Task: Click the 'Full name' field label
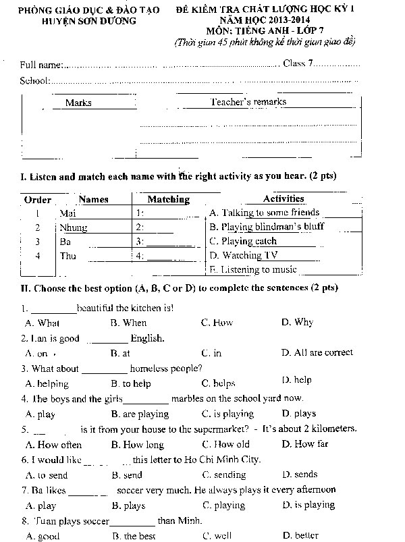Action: click(41, 65)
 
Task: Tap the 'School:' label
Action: click(35, 81)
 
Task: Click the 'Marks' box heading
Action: click(78, 103)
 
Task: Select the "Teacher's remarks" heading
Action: click(248, 102)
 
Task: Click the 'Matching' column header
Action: click(168, 199)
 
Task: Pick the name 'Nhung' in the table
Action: click(74, 227)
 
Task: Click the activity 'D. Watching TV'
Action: click(244, 255)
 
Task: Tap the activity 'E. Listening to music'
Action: click(253, 269)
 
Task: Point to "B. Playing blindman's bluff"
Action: click(257, 227)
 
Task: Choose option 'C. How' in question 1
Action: click(217, 323)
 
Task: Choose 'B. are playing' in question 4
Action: click(140, 414)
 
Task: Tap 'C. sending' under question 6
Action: click(224, 475)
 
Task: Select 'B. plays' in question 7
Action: click(128, 505)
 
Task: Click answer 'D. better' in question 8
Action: click(300, 535)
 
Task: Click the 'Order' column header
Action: click(37, 200)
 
